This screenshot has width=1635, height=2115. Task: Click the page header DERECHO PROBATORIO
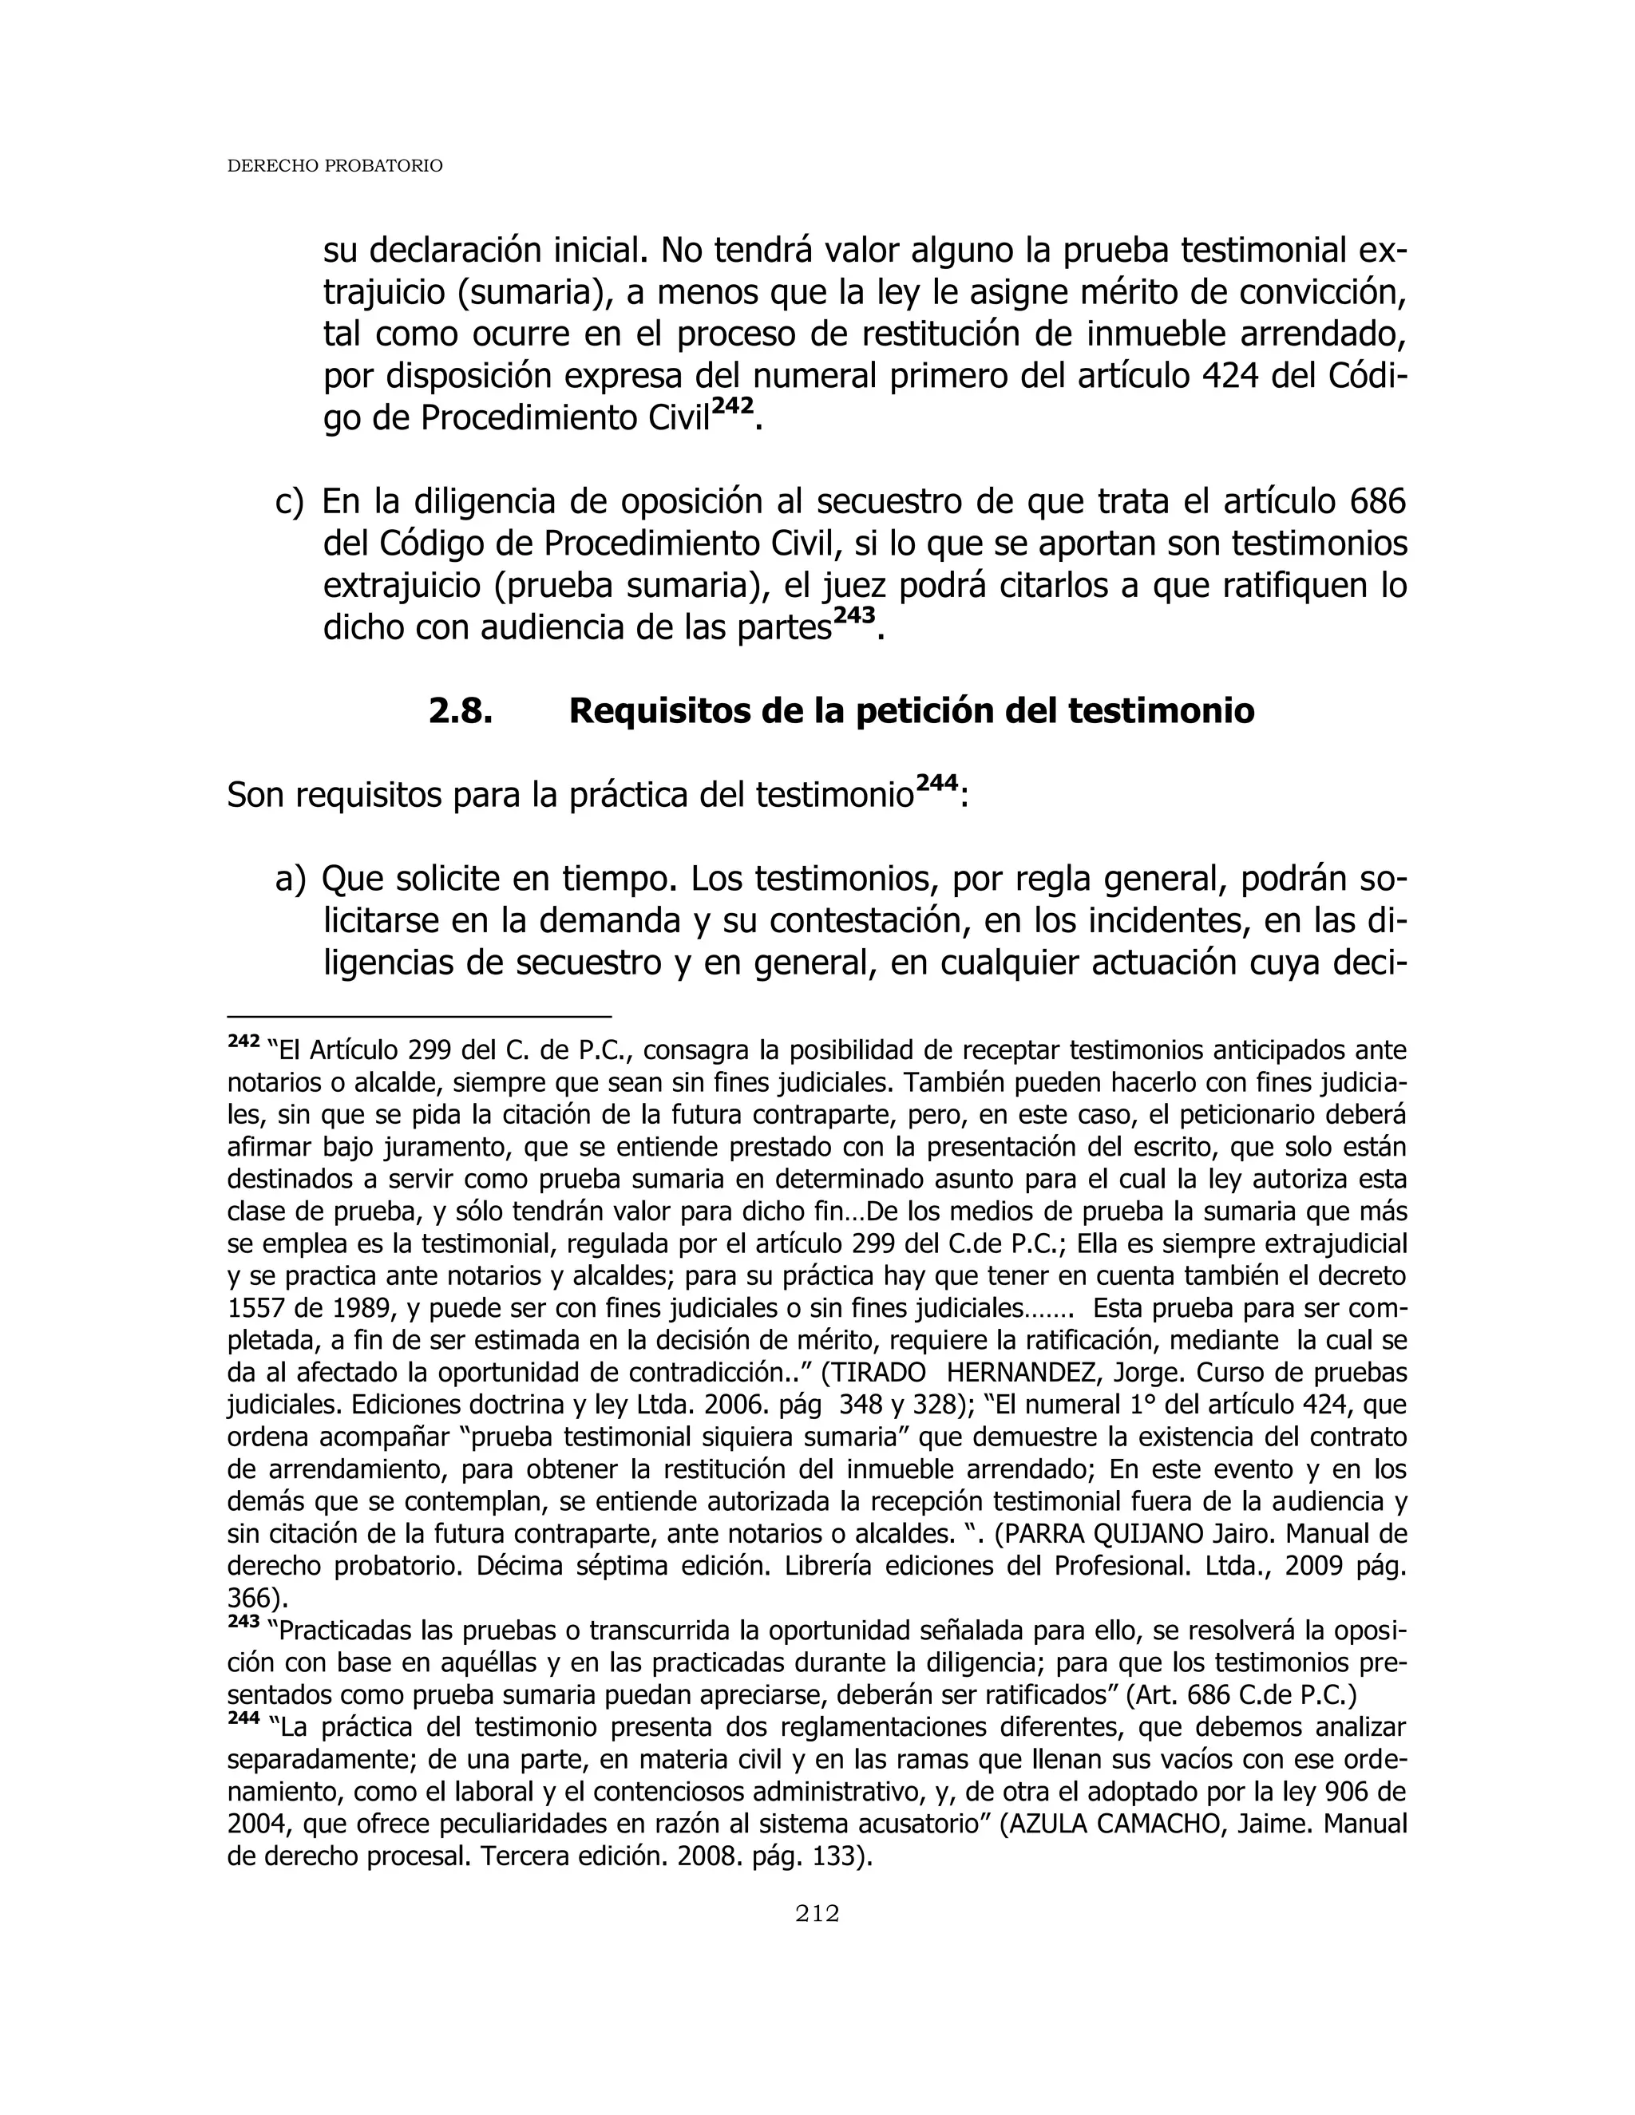pyautogui.click(x=335, y=167)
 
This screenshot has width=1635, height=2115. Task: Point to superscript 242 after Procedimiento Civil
pyautogui.click(x=732, y=408)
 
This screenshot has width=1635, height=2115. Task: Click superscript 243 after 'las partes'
pyautogui.click(x=853, y=617)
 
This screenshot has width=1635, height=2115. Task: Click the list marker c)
pyautogui.click(x=289, y=502)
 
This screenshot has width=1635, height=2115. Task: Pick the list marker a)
pyautogui.click(x=289, y=879)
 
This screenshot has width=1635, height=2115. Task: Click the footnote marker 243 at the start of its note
pyautogui.click(x=243, y=1622)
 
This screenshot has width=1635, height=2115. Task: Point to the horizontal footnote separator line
pyautogui.click(x=418, y=1018)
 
